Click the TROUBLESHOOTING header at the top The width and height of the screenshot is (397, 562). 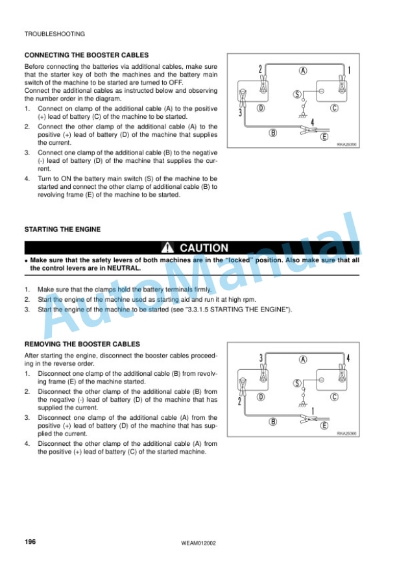click(x=54, y=34)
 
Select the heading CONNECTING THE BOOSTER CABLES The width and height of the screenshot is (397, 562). click(x=86, y=55)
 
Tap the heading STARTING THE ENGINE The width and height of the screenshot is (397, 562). click(x=62, y=229)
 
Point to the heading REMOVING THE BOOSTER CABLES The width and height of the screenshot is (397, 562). click(x=82, y=344)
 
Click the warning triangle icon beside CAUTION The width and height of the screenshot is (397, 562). click(x=167, y=248)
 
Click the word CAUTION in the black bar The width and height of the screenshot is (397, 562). click(x=204, y=248)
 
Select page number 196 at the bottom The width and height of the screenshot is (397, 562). click(x=30, y=542)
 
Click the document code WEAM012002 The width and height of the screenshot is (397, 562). click(x=198, y=543)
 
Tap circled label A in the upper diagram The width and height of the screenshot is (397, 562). click(x=303, y=71)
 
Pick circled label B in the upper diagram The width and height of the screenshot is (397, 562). click(x=272, y=132)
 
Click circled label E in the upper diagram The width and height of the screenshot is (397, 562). click(x=324, y=136)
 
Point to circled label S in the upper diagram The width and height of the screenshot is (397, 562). click(x=297, y=94)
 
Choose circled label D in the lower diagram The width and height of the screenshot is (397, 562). click(x=261, y=397)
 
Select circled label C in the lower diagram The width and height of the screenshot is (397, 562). click(x=334, y=397)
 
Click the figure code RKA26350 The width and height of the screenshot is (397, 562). click(x=346, y=145)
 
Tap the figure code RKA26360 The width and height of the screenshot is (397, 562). click(x=346, y=434)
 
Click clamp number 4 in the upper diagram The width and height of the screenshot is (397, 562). click(x=313, y=123)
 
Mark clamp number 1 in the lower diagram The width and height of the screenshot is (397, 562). click(x=313, y=411)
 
